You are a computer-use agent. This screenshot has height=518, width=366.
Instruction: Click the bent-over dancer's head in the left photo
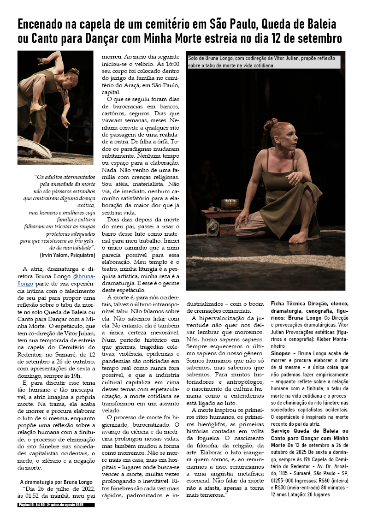pyautogui.click(x=72, y=73)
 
